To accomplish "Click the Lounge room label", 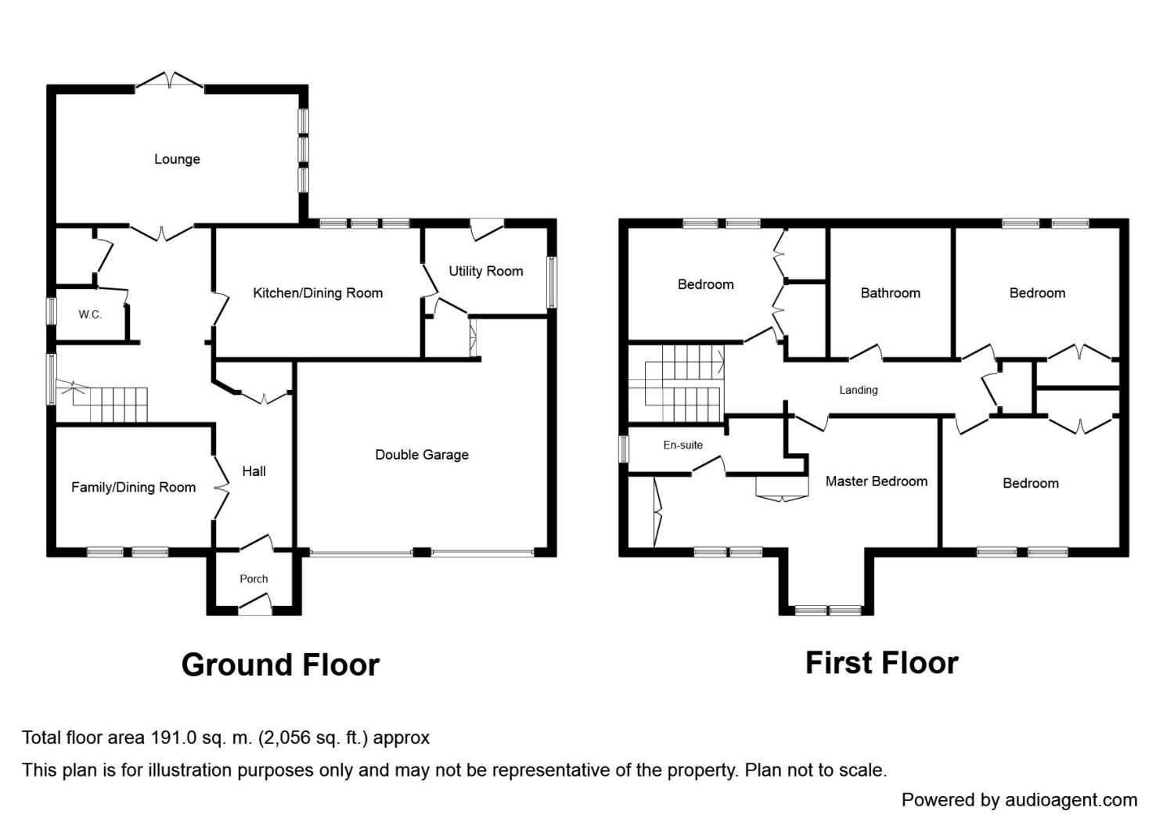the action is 177,160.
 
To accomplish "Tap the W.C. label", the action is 90,315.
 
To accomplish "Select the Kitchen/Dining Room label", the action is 318,293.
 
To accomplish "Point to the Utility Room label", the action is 486,271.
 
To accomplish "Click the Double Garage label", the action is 422,455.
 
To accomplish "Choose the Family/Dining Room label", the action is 134,488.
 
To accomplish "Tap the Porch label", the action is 254,579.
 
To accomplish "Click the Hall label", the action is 254,471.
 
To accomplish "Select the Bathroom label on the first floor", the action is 891,293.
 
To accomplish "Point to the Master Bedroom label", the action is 877,481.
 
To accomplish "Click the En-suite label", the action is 683,445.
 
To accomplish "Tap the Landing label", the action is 859,390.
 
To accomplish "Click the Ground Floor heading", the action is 280,665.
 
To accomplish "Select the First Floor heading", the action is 882,663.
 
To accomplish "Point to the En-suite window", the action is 624,450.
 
